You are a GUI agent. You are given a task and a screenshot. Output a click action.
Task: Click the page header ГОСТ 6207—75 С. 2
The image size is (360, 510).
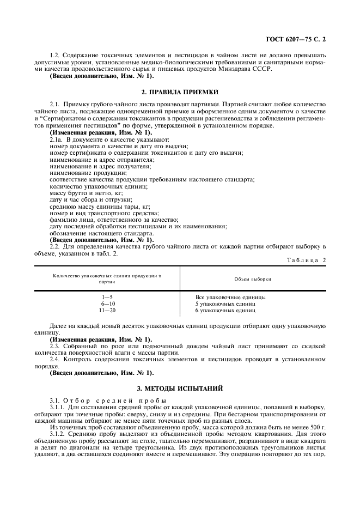[298, 40]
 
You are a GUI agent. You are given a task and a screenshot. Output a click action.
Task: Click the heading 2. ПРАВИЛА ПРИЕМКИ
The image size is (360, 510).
[180, 92]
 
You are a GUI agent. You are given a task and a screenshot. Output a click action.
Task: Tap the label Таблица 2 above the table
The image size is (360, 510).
[306, 260]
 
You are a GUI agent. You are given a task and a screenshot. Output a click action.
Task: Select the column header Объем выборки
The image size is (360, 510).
[253, 279]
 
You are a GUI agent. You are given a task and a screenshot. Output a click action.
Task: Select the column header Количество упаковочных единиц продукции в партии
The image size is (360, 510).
[107, 279]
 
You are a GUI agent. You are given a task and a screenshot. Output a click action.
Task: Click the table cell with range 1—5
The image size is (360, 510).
[107, 297]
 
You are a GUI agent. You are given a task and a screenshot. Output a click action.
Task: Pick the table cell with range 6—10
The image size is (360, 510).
[107, 303]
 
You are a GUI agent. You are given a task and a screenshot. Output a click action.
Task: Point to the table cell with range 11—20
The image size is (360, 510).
[107, 310]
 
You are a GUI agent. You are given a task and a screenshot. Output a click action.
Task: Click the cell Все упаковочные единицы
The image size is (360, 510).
[230, 297]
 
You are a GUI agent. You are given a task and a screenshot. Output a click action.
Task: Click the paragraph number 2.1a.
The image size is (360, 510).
[57, 140]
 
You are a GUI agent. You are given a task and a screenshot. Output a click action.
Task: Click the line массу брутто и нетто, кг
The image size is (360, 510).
[86, 193]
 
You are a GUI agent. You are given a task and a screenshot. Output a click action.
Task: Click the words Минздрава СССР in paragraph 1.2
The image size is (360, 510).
[247, 69]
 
